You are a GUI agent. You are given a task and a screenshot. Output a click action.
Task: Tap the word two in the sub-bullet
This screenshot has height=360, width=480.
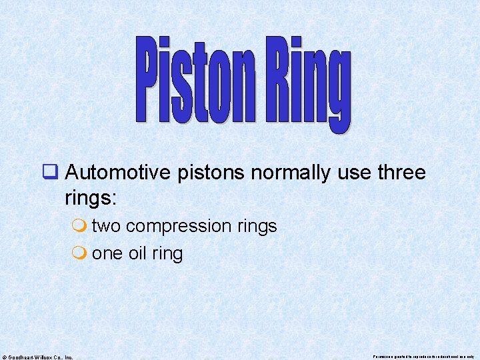(106, 226)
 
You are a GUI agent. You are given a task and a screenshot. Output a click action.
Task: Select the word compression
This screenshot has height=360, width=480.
(178, 227)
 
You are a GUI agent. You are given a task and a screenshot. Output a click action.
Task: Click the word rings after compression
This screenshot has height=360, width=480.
(256, 227)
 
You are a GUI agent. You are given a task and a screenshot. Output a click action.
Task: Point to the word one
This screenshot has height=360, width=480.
(107, 253)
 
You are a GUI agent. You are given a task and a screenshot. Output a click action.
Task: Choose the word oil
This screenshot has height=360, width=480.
(137, 253)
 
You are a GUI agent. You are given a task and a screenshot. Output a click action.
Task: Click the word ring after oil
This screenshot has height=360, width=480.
(167, 254)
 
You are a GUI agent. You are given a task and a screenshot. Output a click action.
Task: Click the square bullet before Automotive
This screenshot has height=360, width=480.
(51, 173)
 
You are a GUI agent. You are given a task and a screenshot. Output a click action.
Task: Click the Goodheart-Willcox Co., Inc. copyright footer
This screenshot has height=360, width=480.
(38, 357)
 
